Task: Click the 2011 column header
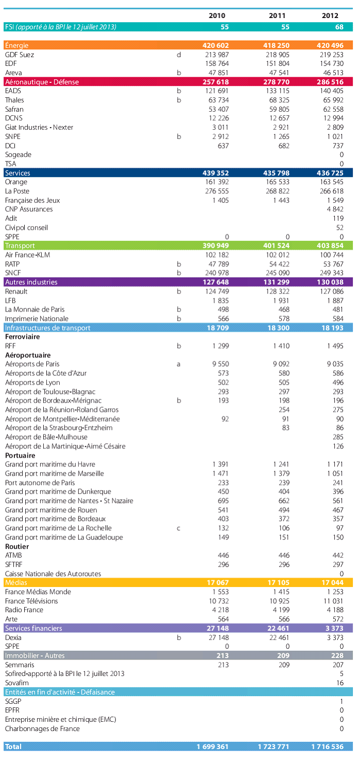(x=277, y=16)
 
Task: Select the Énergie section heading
(x=17, y=45)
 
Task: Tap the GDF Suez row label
(x=20, y=55)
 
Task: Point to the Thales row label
(x=14, y=100)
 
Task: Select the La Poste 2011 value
(x=277, y=191)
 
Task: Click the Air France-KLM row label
(x=27, y=255)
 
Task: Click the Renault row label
(x=16, y=291)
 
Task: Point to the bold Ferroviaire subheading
(x=23, y=337)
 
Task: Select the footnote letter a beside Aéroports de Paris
(x=179, y=364)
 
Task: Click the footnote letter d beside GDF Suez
(x=179, y=55)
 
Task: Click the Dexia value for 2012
(x=335, y=637)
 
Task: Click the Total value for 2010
(x=212, y=746)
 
